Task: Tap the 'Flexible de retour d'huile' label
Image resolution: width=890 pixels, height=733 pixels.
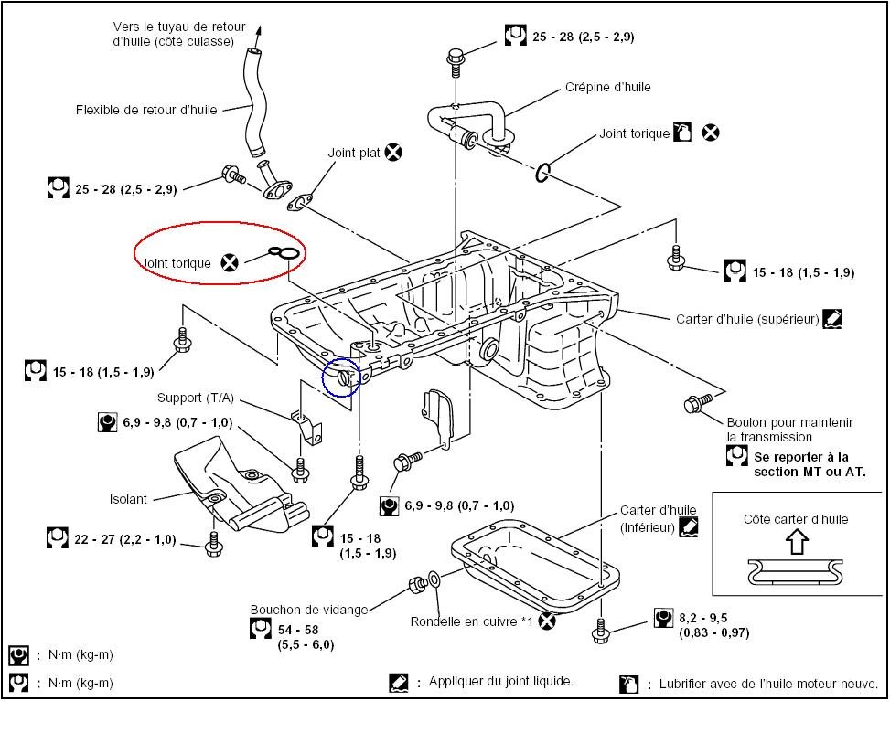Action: pos(147,111)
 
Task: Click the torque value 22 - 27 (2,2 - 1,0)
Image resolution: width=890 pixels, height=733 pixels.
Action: pos(125,539)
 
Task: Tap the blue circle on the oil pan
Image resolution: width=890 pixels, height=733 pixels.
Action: pos(341,377)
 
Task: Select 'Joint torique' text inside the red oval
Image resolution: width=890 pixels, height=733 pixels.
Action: pos(177,263)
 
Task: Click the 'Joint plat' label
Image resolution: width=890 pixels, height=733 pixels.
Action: pos(354,154)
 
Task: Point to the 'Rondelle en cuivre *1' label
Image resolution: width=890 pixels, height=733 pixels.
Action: pos(471,622)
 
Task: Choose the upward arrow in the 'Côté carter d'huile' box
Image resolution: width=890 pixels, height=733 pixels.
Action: pos(797,542)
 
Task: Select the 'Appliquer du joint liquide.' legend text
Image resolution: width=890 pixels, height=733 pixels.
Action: pos(501,682)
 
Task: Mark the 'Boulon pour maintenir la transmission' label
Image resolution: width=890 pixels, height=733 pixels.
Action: pos(789,430)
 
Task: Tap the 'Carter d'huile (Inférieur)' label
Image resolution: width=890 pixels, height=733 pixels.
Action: pos(658,519)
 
